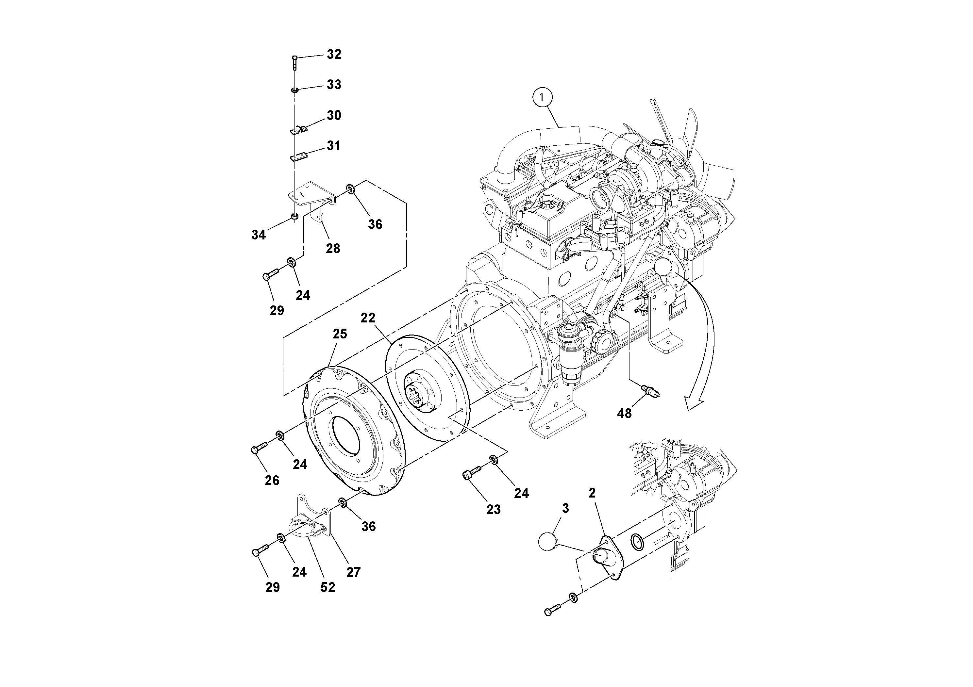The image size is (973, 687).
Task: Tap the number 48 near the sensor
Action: tap(624, 413)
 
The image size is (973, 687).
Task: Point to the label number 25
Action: tap(340, 334)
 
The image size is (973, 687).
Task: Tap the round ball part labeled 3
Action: tap(549, 541)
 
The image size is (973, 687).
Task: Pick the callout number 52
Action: tap(327, 587)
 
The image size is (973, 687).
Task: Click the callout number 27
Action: tap(353, 572)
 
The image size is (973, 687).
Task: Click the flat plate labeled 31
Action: tap(298, 157)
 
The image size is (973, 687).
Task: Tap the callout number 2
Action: tap(592, 493)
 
